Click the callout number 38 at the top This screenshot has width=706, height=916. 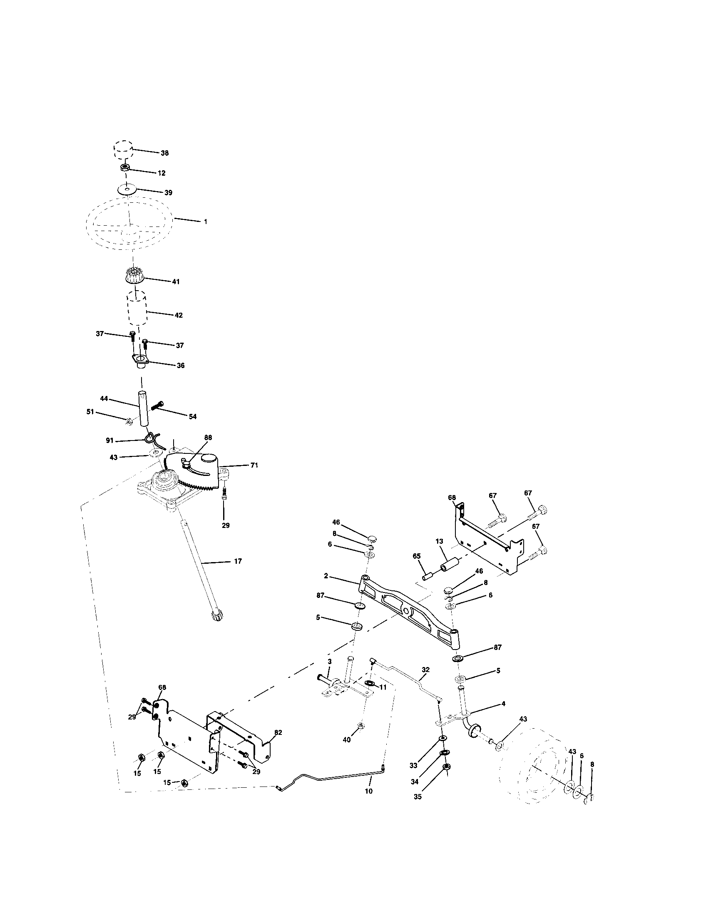tap(164, 153)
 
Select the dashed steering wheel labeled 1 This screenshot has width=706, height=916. tap(130, 223)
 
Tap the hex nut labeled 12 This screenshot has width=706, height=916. tap(124, 168)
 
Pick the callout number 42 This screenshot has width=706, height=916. tap(179, 315)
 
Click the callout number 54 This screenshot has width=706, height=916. tap(192, 416)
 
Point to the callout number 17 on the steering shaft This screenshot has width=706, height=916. tap(238, 561)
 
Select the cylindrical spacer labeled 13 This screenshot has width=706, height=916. tap(450, 564)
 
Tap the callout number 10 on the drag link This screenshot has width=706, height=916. tap(368, 792)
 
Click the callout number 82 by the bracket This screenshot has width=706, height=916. tap(278, 732)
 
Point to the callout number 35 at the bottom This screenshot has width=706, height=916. tap(418, 797)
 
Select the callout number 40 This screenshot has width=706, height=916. tap(347, 740)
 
